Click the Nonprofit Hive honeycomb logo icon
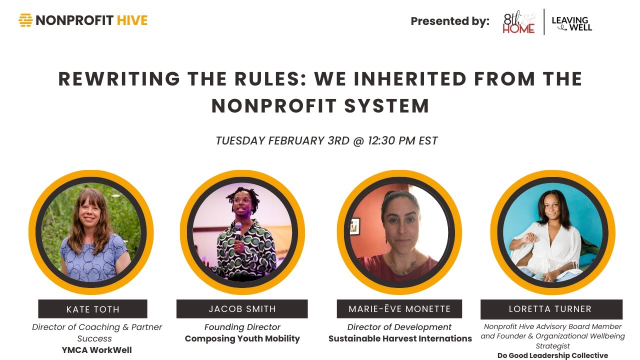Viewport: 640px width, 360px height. [25, 20]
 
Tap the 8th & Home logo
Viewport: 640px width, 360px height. [518, 23]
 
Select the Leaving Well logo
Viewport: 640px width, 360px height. [571, 23]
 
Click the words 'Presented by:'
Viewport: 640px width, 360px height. [450, 21]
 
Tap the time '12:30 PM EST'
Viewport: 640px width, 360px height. [402, 141]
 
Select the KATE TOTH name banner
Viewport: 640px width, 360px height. [92, 309]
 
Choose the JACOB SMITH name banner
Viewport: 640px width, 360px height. [242, 309]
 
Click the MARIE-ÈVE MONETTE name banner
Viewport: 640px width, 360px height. [399, 309]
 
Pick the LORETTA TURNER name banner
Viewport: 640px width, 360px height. [550, 309]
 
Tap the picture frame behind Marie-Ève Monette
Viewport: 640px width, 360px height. [355, 226]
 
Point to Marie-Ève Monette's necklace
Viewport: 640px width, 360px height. [403, 267]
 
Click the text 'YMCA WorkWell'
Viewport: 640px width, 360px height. [96, 350]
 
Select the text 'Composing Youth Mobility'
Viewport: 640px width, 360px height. [242, 338]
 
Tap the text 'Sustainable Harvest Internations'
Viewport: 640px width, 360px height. [400, 338]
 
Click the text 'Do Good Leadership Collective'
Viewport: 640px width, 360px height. [552, 355]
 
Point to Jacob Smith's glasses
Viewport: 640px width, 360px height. [241, 201]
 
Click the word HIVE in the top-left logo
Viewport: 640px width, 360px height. [132, 20]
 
